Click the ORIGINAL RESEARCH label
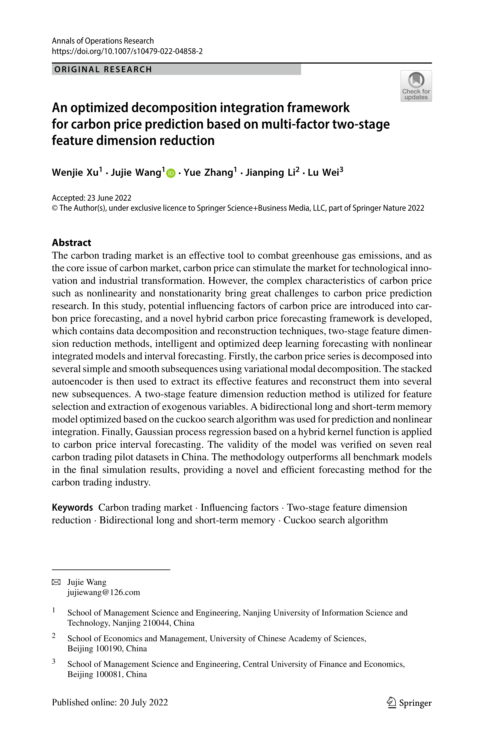coord(103,69)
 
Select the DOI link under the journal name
coord(127,51)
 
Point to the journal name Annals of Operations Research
coord(103,41)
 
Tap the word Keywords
coord(72,507)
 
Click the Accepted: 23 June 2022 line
coord(92,198)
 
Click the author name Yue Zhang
coord(208,172)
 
